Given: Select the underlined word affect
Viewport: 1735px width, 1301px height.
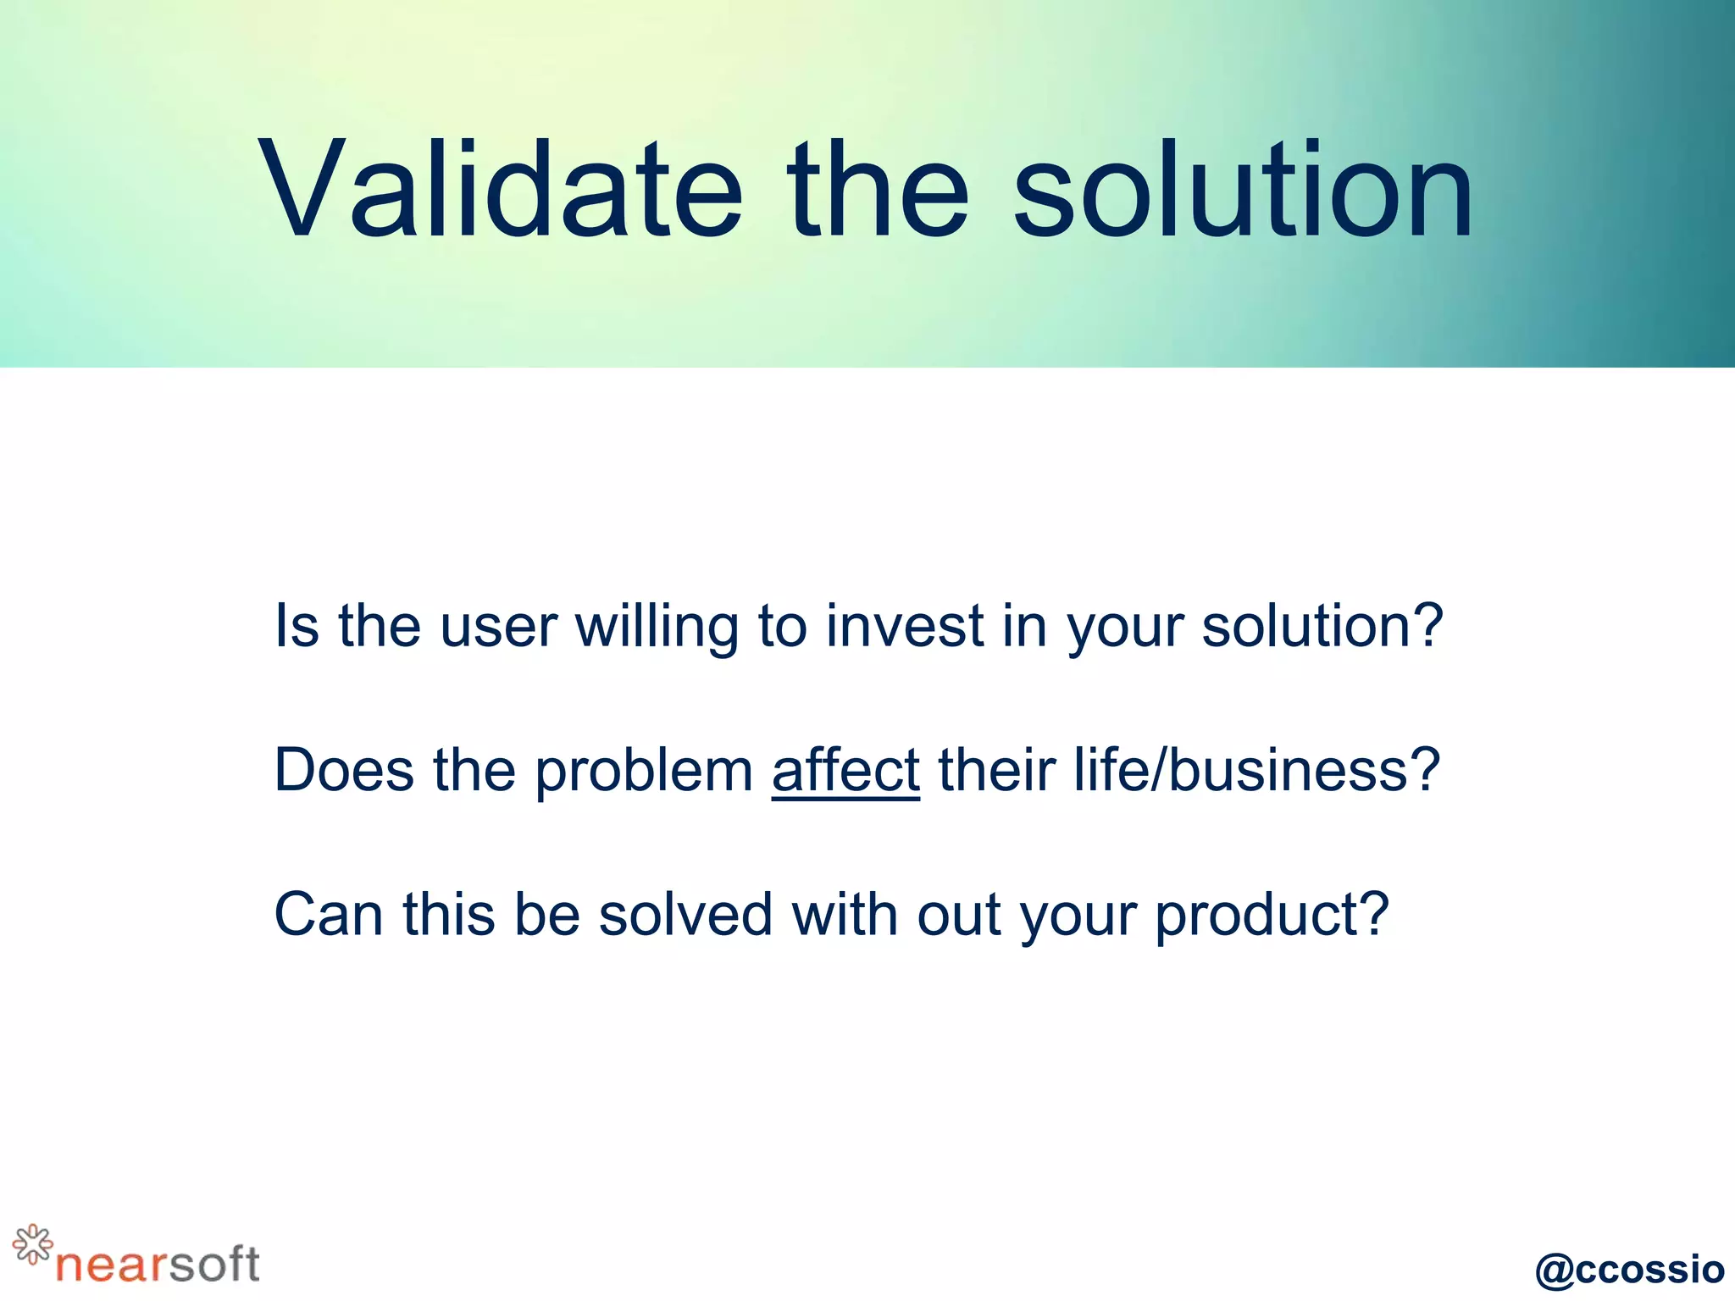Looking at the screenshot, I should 845,771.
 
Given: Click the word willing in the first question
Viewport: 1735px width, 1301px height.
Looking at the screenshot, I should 657,627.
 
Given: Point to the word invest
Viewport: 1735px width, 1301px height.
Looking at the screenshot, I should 904,627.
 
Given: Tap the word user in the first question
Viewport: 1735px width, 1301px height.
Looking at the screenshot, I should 498,627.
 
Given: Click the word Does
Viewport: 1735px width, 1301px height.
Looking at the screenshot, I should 344,771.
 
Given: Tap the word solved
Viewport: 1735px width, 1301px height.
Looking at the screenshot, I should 685,915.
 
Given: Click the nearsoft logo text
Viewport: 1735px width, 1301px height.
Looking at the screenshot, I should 158,1264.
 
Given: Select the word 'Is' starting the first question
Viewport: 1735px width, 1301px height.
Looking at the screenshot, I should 297,627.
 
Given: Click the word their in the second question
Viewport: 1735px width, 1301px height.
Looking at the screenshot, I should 996,771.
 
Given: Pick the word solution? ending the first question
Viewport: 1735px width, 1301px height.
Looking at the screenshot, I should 1322,627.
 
